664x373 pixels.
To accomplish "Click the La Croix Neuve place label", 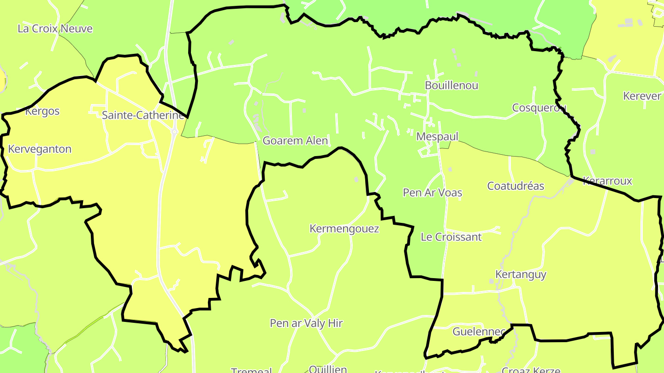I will tap(55, 29).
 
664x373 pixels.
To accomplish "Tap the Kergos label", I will tap(42, 111).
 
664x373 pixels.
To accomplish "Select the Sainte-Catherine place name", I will tap(142, 115).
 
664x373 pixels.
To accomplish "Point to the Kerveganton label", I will tap(40, 149).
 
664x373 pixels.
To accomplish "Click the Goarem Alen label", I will tap(295, 140).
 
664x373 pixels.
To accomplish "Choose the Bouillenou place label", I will tap(451, 85).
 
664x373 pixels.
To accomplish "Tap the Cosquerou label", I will tap(539, 107).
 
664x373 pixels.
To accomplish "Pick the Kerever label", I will tap(642, 96).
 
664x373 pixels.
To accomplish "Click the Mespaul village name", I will tap(437, 136).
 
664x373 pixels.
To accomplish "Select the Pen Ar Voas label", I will tap(432, 192).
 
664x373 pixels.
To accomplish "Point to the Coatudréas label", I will tap(516, 186).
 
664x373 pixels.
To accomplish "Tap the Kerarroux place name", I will tap(607, 181).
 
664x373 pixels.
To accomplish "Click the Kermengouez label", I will tap(344, 228).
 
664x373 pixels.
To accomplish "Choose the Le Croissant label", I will tap(451, 237).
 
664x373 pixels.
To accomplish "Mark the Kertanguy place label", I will tap(521, 274).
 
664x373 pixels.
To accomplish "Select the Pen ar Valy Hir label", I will tap(306, 323).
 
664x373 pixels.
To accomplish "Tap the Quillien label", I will tap(327, 369).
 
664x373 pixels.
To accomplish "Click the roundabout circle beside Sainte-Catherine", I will tap(175, 132).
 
